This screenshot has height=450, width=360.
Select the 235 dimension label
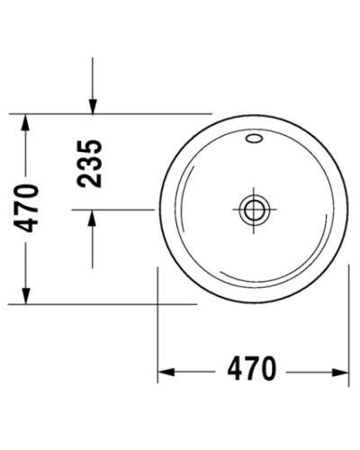pos(90,163)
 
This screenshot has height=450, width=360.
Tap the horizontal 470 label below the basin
pos(250,370)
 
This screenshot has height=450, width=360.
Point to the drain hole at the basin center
pos(253,209)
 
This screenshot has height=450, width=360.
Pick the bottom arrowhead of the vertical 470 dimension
pos(26,298)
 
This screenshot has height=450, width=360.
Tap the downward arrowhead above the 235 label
pos(93,106)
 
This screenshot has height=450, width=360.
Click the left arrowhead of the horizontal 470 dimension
pos(166,370)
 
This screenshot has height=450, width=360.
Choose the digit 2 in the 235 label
pos(90,179)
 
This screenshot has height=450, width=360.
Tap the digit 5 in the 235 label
pos(90,147)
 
